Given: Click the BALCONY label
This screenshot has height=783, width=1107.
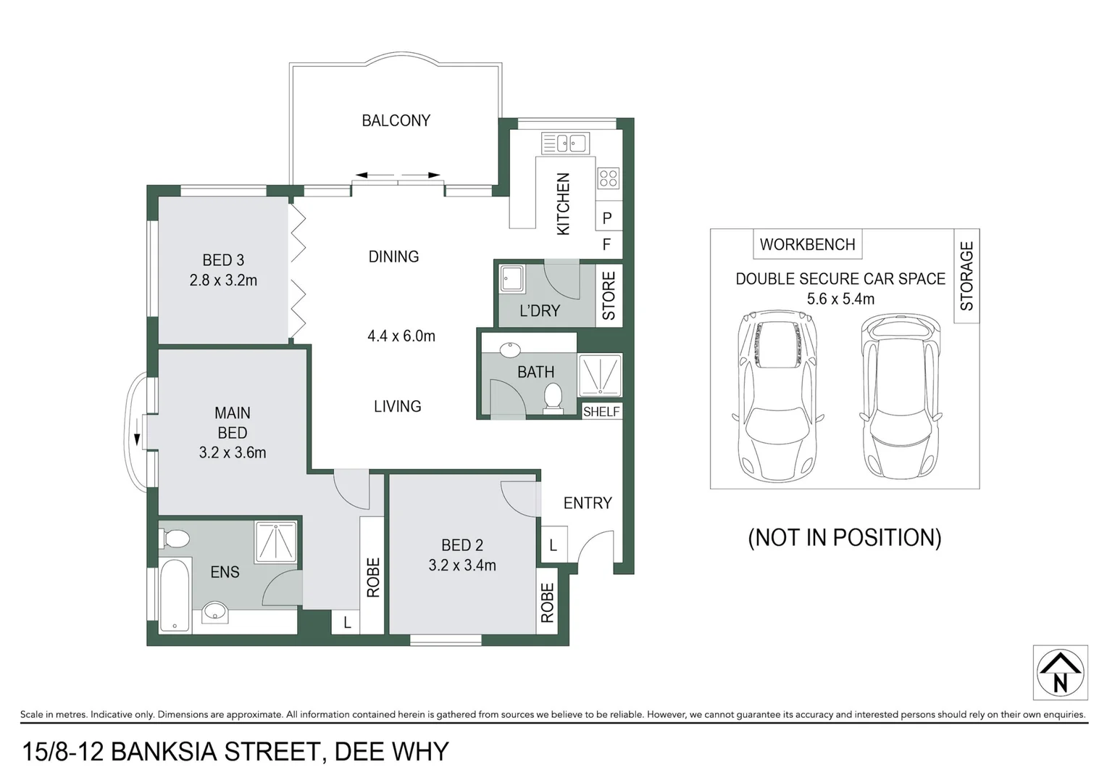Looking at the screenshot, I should point(396,120).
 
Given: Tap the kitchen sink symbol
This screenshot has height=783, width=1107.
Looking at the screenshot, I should point(565,143).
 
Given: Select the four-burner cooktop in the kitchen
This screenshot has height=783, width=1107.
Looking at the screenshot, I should point(608,178).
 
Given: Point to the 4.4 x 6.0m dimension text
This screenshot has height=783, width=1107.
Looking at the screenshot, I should point(401,336).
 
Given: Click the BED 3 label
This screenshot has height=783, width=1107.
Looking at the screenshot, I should point(223,260).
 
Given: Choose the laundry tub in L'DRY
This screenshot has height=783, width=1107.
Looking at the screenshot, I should point(513,279).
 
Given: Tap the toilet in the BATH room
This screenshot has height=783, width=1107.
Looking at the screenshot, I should point(553,398).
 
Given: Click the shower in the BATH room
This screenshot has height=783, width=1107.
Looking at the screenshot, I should point(599,375).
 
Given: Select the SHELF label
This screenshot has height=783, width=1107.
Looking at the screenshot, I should point(601,412).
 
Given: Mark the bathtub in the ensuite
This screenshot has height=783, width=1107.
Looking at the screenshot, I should point(174,595).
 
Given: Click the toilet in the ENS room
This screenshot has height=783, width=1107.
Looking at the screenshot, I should point(175,539).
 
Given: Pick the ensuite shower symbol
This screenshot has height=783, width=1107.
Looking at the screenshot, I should point(276,542).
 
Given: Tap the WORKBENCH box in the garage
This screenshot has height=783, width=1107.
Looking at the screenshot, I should point(807,244).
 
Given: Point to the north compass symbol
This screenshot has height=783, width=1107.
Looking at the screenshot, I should point(1060,673).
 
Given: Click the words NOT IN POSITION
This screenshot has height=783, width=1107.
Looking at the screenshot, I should point(844,537).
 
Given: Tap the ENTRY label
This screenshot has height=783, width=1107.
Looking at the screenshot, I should point(588,502).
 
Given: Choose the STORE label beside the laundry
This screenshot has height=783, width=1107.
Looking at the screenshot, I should point(609,296).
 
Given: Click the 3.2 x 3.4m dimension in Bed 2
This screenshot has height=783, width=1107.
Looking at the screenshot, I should point(462,565).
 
